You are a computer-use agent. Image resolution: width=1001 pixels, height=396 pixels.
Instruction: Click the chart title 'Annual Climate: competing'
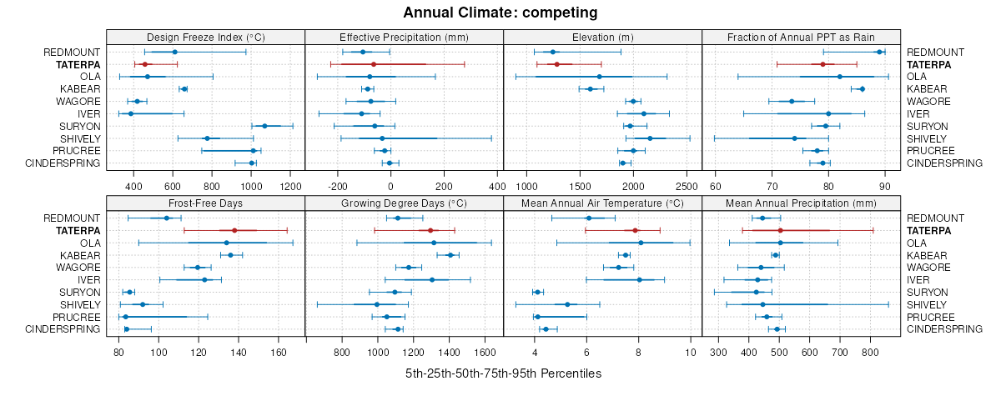tap(500, 13)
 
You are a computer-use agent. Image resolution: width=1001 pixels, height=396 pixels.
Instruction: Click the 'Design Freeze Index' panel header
tap(205, 37)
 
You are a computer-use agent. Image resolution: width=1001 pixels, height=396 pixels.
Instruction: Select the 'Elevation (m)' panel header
tap(603, 37)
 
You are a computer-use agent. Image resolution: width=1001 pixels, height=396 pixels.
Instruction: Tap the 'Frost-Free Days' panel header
tap(205, 203)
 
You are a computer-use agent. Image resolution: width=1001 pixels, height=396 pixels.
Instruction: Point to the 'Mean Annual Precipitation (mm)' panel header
tap(801, 203)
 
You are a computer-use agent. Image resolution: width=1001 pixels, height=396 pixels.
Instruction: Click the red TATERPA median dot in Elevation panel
tap(557, 64)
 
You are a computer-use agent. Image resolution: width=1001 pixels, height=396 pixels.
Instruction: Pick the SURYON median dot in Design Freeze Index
tap(264, 126)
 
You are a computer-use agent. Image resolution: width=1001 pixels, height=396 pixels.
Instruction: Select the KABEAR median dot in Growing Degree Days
tap(450, 255)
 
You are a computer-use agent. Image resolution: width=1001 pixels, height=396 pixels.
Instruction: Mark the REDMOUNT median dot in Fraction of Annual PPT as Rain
tap(879, 52)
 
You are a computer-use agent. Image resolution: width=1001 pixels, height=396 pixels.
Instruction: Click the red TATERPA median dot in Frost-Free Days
tap(234, 230)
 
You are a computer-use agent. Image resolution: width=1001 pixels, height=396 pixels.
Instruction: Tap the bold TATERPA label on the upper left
tap(78, 64)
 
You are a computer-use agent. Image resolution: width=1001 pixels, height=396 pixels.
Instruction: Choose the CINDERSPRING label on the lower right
tap(944, 329)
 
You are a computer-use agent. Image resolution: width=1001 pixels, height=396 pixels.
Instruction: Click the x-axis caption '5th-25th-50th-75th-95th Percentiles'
tap(503, 373)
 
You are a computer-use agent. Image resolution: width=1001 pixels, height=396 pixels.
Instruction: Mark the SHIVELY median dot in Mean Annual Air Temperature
tap(567, 304)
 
